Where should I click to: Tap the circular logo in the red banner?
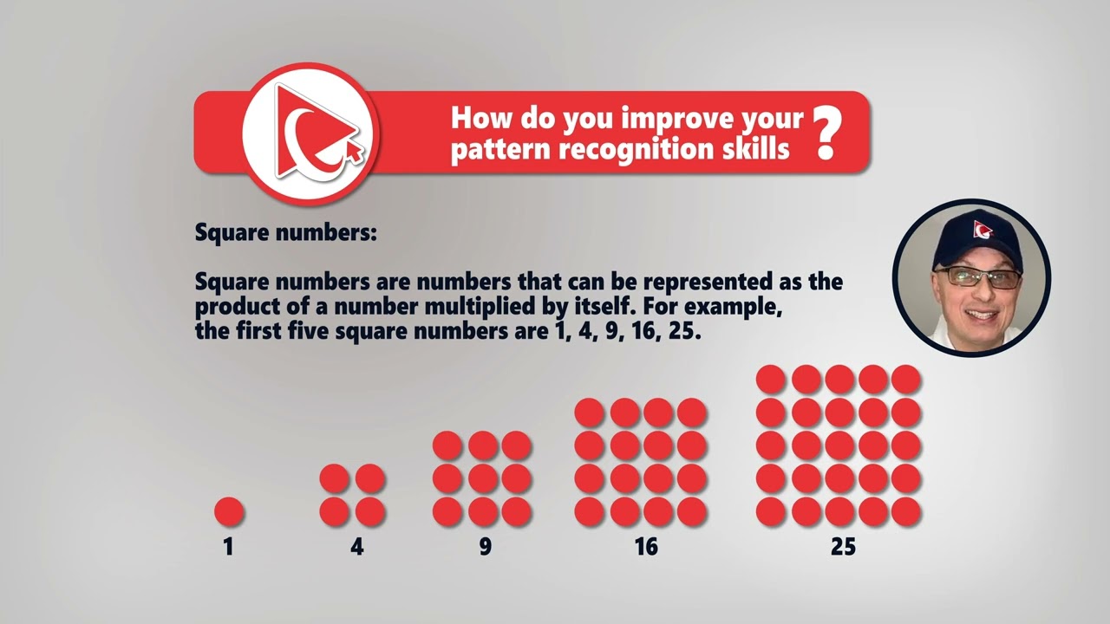pos(310,133)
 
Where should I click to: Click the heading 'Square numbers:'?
pos(285,233)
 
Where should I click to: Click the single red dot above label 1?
pos(229,511)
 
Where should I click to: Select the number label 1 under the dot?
pos(228,547)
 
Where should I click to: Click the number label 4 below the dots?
pos(356,547)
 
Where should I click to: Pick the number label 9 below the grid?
pos(484,547)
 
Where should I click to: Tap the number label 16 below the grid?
pos(645,547)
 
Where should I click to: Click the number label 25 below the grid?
pos(842,547)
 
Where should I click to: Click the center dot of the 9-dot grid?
pos(482,478)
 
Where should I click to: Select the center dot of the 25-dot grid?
pos(839,445)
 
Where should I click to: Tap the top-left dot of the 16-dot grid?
pos(590,413)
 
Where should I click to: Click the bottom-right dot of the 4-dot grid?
pos(370,511)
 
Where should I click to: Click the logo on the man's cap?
pos(983,230)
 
